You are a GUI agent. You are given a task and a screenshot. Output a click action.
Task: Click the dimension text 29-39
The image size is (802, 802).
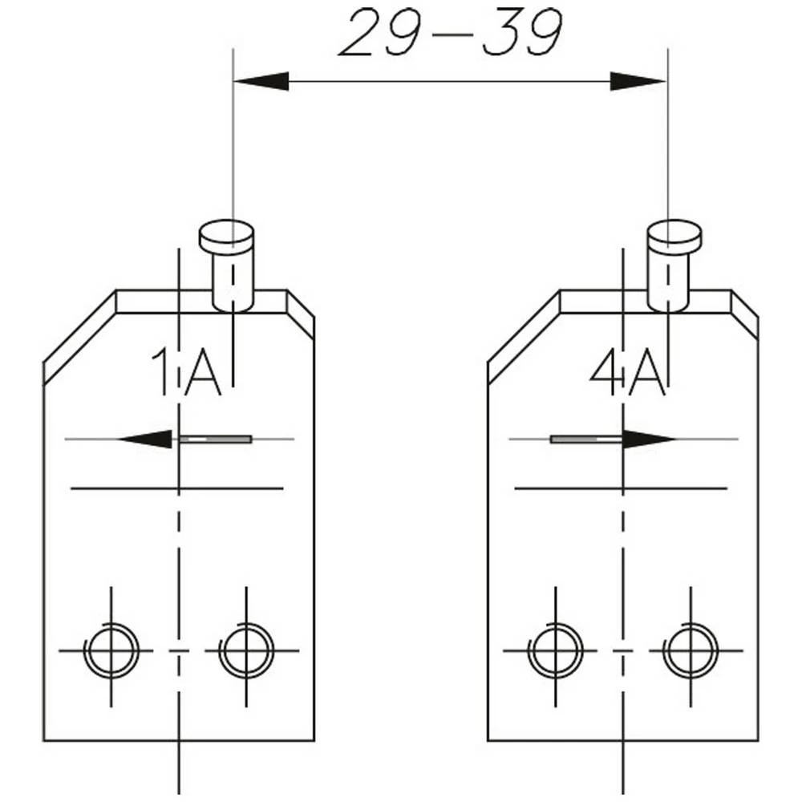pyautogui.click(x=450, y=34)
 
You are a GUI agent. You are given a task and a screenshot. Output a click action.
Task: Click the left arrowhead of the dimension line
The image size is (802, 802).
pyautogui.click(x=261, y=81)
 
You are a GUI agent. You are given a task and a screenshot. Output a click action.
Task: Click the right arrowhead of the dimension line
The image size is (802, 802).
pyautogui.click(x=638, y=81)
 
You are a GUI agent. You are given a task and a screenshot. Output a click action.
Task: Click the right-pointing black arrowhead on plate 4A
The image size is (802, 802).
pyautogui.click(x=649, y=439)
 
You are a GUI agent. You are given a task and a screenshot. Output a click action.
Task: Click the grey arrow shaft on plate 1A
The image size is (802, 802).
pyautogui.click(x=215, y=439)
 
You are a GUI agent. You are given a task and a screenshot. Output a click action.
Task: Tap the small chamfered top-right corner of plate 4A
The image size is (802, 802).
pyautogui.click(x=744, y=313)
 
